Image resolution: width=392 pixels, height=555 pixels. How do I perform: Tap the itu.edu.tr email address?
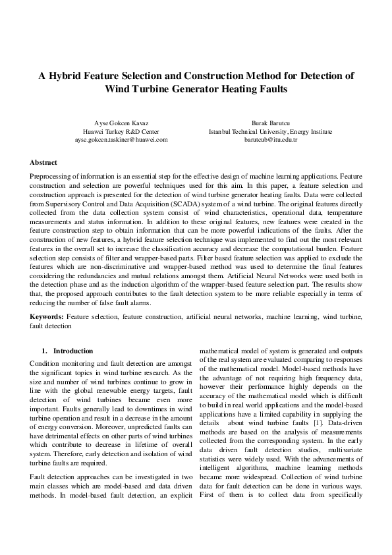pyautogui.click(x=271, y=140)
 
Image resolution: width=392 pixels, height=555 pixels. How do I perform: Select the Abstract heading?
pyautogui.click(x=43, y=162)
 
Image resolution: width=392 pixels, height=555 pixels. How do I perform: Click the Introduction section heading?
pyautogui.click(x=72, y=351)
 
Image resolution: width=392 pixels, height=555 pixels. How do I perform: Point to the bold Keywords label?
pyautogui.click(x=47, y=317)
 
